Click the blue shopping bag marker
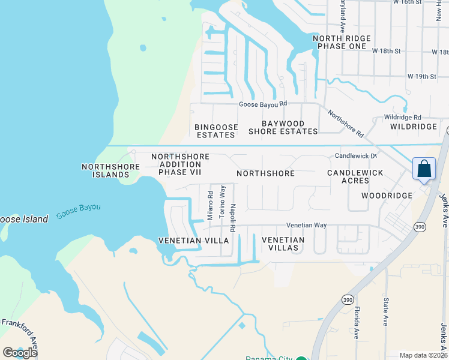[424, 169]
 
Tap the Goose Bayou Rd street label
[264, 104]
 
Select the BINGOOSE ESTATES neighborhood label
[216, 131]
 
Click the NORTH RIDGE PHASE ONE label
[342, 42]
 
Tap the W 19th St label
[421, 77]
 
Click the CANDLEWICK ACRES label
[355, 176]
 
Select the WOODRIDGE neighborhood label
[387, 196]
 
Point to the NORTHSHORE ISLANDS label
[106, 170]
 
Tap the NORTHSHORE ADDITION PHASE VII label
[180, 164]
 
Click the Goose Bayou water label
[79, 211]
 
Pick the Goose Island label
[23, 219]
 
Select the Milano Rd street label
[210, 206]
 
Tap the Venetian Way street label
[306, 225]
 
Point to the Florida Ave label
[357, 323]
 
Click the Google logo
[20, 352]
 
